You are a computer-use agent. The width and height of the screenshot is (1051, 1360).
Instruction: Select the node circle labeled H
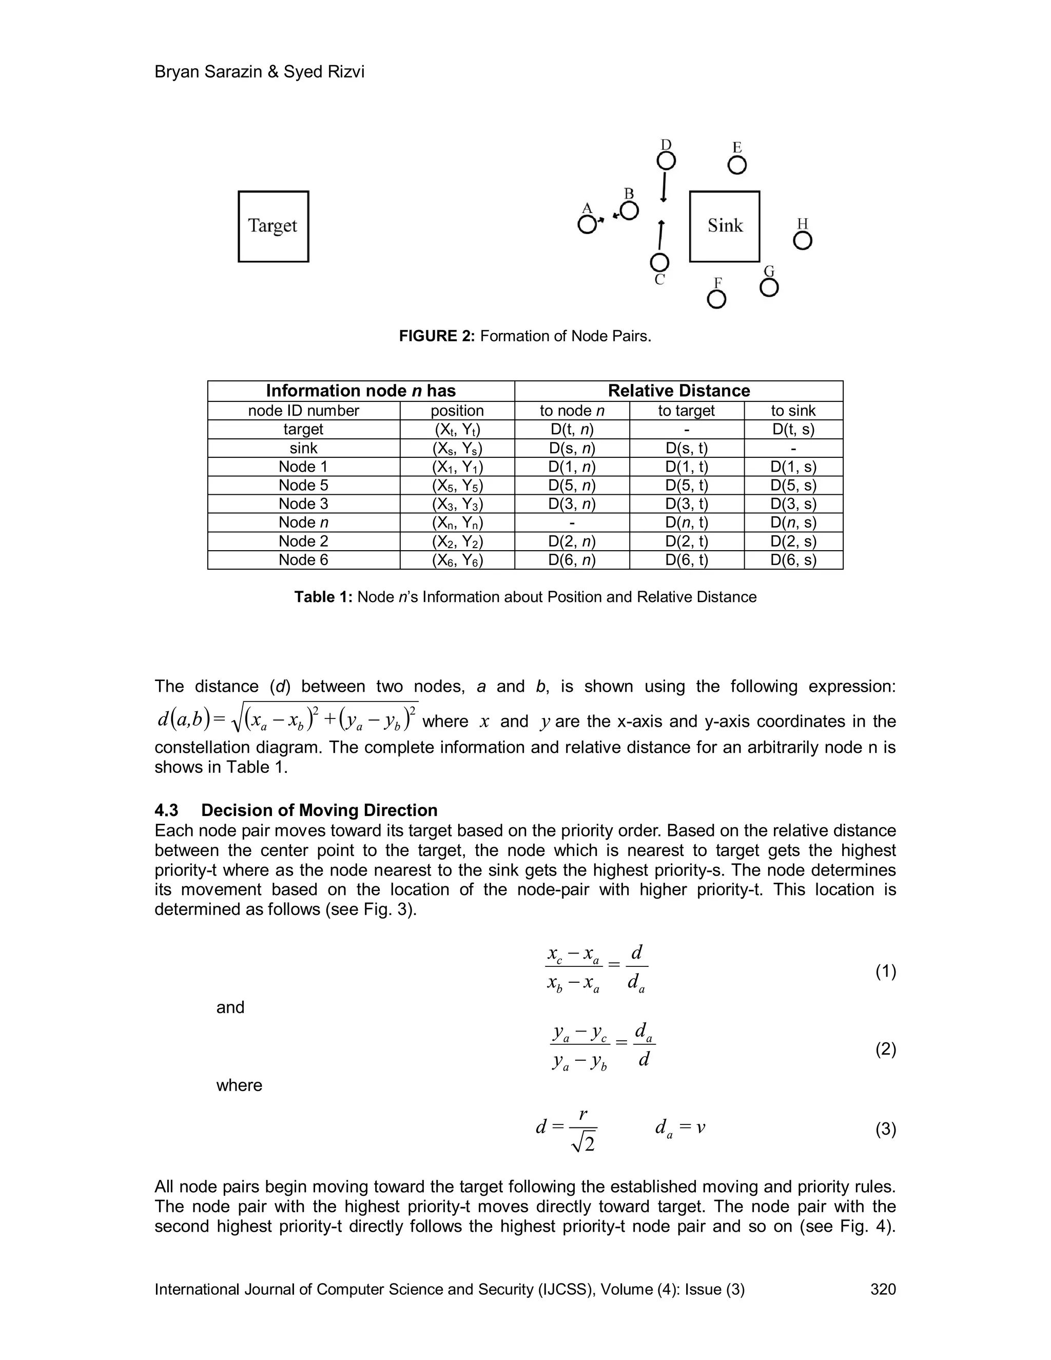803,241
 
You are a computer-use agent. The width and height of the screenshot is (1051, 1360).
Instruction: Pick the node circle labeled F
716,300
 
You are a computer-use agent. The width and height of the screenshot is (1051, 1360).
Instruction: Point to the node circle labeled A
587,225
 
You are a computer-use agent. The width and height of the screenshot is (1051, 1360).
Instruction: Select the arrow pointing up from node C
661,236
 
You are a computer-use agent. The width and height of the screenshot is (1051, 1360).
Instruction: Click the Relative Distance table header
678,391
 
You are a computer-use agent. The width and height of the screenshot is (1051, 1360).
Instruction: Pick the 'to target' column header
686,411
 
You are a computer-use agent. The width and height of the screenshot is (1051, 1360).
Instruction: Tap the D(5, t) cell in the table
686,485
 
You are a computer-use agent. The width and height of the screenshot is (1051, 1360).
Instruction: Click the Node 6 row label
303,560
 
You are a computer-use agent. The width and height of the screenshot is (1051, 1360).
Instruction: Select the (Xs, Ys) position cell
457,449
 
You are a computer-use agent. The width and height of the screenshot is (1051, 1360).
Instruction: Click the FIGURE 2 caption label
437,336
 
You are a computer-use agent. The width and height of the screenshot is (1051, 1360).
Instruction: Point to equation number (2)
885,1050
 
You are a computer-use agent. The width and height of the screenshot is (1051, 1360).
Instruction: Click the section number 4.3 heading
166,810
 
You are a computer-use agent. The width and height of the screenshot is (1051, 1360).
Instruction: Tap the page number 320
882,1289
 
